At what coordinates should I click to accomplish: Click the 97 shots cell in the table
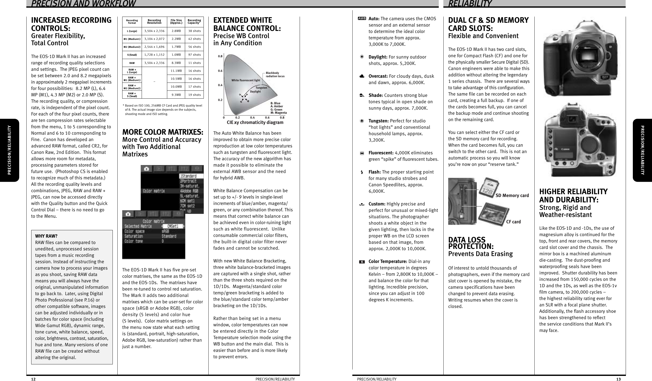point(194,55)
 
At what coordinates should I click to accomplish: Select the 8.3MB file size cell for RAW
point(176,63)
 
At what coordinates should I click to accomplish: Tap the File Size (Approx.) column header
point(176,21)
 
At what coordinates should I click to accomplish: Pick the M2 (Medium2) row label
point(132,47)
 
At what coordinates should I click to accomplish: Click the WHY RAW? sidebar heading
point(46,236)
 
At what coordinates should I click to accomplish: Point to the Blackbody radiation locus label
point(275,75)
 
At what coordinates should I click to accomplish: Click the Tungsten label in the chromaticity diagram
point(261,88)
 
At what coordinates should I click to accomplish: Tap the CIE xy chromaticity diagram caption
point(255,123)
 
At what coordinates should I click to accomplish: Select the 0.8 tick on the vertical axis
point(220,56)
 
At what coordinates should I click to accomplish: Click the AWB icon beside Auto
point(362,19)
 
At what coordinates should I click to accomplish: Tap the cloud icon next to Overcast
point(362,76)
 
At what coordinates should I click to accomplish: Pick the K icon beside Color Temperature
point(362,262)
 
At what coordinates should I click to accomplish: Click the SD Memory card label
point(512,195)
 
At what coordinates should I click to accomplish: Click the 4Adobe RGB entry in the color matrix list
point(189,191)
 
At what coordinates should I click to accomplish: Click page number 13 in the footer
point(618,379)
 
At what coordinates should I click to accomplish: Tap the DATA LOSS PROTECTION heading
point(471,243)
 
